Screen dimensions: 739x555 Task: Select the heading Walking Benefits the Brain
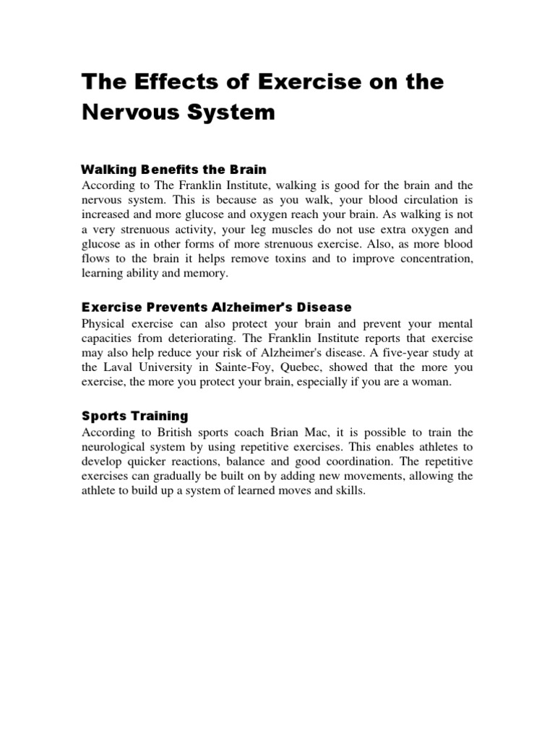click(x=173, y=170)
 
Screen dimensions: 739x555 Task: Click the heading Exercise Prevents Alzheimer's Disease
click(x=216, y=307)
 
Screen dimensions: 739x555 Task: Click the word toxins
click(x=298, y=259)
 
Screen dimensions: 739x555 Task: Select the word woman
click(x=431, y=382)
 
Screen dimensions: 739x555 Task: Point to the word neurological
click(x=118, y=447)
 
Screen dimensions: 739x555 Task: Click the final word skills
click(x=350, y=491)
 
